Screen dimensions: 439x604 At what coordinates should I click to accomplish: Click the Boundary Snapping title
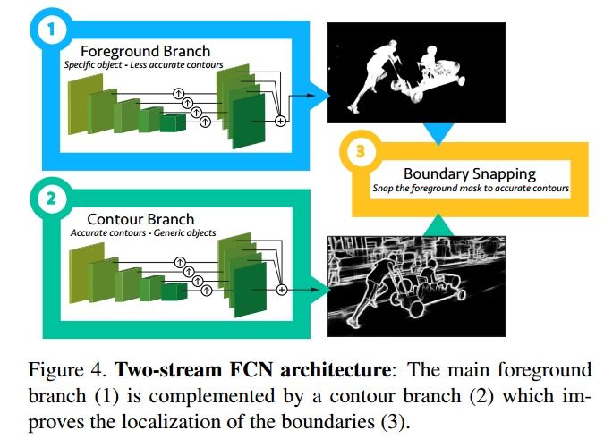[x=469, y=173]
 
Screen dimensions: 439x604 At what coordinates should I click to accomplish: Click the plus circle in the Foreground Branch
[x=280, y=121]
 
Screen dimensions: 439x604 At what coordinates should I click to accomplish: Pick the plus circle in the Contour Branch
[x=282, y=289]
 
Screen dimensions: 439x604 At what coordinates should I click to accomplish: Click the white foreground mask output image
[x=406, y=72]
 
